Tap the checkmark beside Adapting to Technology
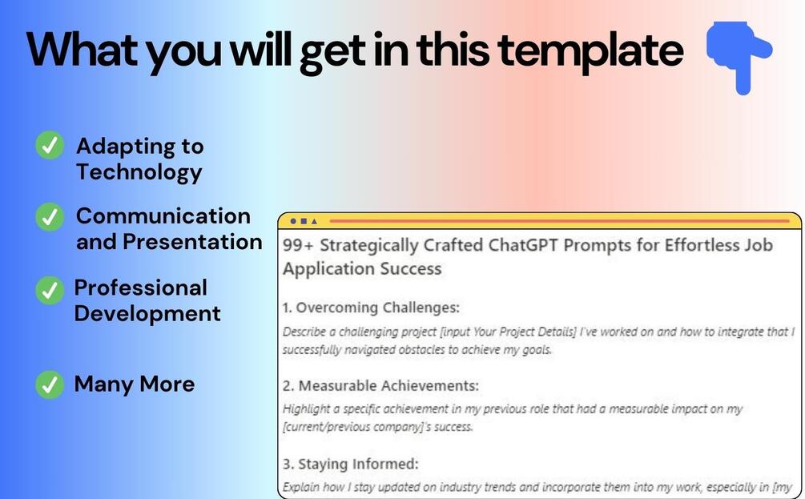click(50, 145)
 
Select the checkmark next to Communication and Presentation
click(50, 216)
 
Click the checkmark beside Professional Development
click(50, 290)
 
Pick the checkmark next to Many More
click(50, 385)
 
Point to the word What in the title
click(82, 50)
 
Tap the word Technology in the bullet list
click(139, 172)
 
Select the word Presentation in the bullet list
click(192, 242)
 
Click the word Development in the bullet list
click(147, 314)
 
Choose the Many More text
click(135, 384)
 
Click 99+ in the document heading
click(298, 245)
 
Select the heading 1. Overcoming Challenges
click(371, 308)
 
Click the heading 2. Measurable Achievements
click(380, 385)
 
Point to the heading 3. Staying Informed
click(351, 464)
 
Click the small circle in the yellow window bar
click(293, 221)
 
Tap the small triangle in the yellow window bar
click(314, 221)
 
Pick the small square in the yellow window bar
click(304, 221)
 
